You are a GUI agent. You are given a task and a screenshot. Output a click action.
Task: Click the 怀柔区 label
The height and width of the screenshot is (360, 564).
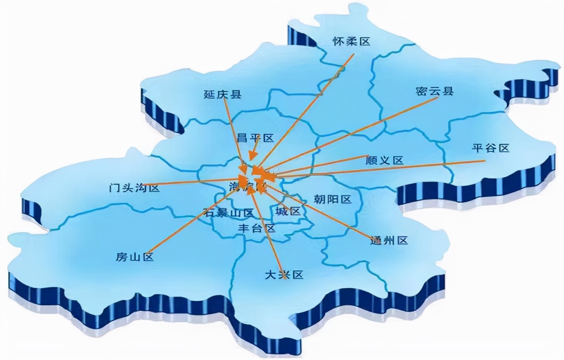click(x=351, y=42)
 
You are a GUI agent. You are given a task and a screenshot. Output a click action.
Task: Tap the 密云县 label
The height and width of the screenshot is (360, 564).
click(x=434, y=91)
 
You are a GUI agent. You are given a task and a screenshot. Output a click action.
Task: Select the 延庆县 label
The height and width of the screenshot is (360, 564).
click(x=222, y=94)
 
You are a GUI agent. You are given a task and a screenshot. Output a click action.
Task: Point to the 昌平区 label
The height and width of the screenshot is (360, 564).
click(x=255, y=138)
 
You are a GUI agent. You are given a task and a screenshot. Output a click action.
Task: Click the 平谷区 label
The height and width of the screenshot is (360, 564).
click(x=491, y=148)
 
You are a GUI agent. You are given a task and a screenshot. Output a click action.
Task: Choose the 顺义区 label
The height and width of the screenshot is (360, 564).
click(x=384, y=160)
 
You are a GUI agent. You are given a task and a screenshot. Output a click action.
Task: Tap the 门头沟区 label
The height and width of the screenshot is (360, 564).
click(x=134, y=188)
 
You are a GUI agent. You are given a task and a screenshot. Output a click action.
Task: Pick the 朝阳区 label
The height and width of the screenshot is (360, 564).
click(x=333, y=200)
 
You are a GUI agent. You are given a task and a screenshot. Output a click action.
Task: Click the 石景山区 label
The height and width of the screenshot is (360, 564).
click(x=228, y=213)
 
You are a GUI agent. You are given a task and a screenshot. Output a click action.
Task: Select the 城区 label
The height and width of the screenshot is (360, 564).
click(x=288, y=212)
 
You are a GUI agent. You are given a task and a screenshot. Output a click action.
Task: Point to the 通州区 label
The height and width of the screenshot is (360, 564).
click(x=389, y=240)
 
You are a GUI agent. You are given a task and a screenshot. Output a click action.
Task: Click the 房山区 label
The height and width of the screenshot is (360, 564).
click(x=135, y=257)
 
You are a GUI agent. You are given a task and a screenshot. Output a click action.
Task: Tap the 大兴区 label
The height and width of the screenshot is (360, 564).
click(x=284, y=275)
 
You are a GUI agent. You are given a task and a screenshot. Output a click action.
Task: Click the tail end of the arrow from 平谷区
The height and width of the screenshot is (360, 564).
click(x=485, y=161)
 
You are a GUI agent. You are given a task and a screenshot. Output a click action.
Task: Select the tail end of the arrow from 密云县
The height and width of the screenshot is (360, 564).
click(x=438, y=98)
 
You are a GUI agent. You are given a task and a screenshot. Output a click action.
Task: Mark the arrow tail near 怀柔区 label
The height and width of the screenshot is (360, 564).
click(x=354, y=55)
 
